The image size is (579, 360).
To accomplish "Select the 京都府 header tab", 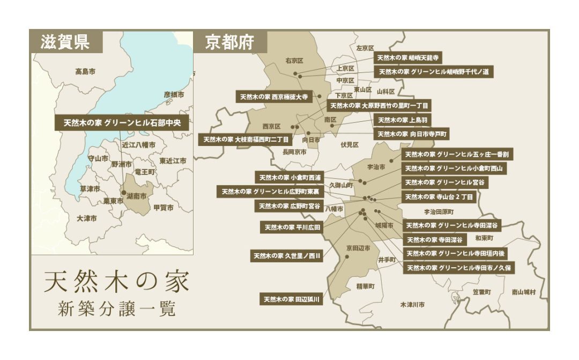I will (228, 42).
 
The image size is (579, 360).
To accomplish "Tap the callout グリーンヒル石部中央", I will (122, 123).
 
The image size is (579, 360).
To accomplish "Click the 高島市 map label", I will (85, 71).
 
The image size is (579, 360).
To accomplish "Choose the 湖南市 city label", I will (136, 197).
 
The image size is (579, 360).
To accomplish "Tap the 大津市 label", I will (87, 218).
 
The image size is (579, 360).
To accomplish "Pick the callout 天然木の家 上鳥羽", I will (402, 120).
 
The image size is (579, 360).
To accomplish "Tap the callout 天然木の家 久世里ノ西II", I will (287, 256).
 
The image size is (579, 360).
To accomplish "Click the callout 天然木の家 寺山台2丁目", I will (439, 197).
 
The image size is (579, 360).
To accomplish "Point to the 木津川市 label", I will (412, 305).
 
